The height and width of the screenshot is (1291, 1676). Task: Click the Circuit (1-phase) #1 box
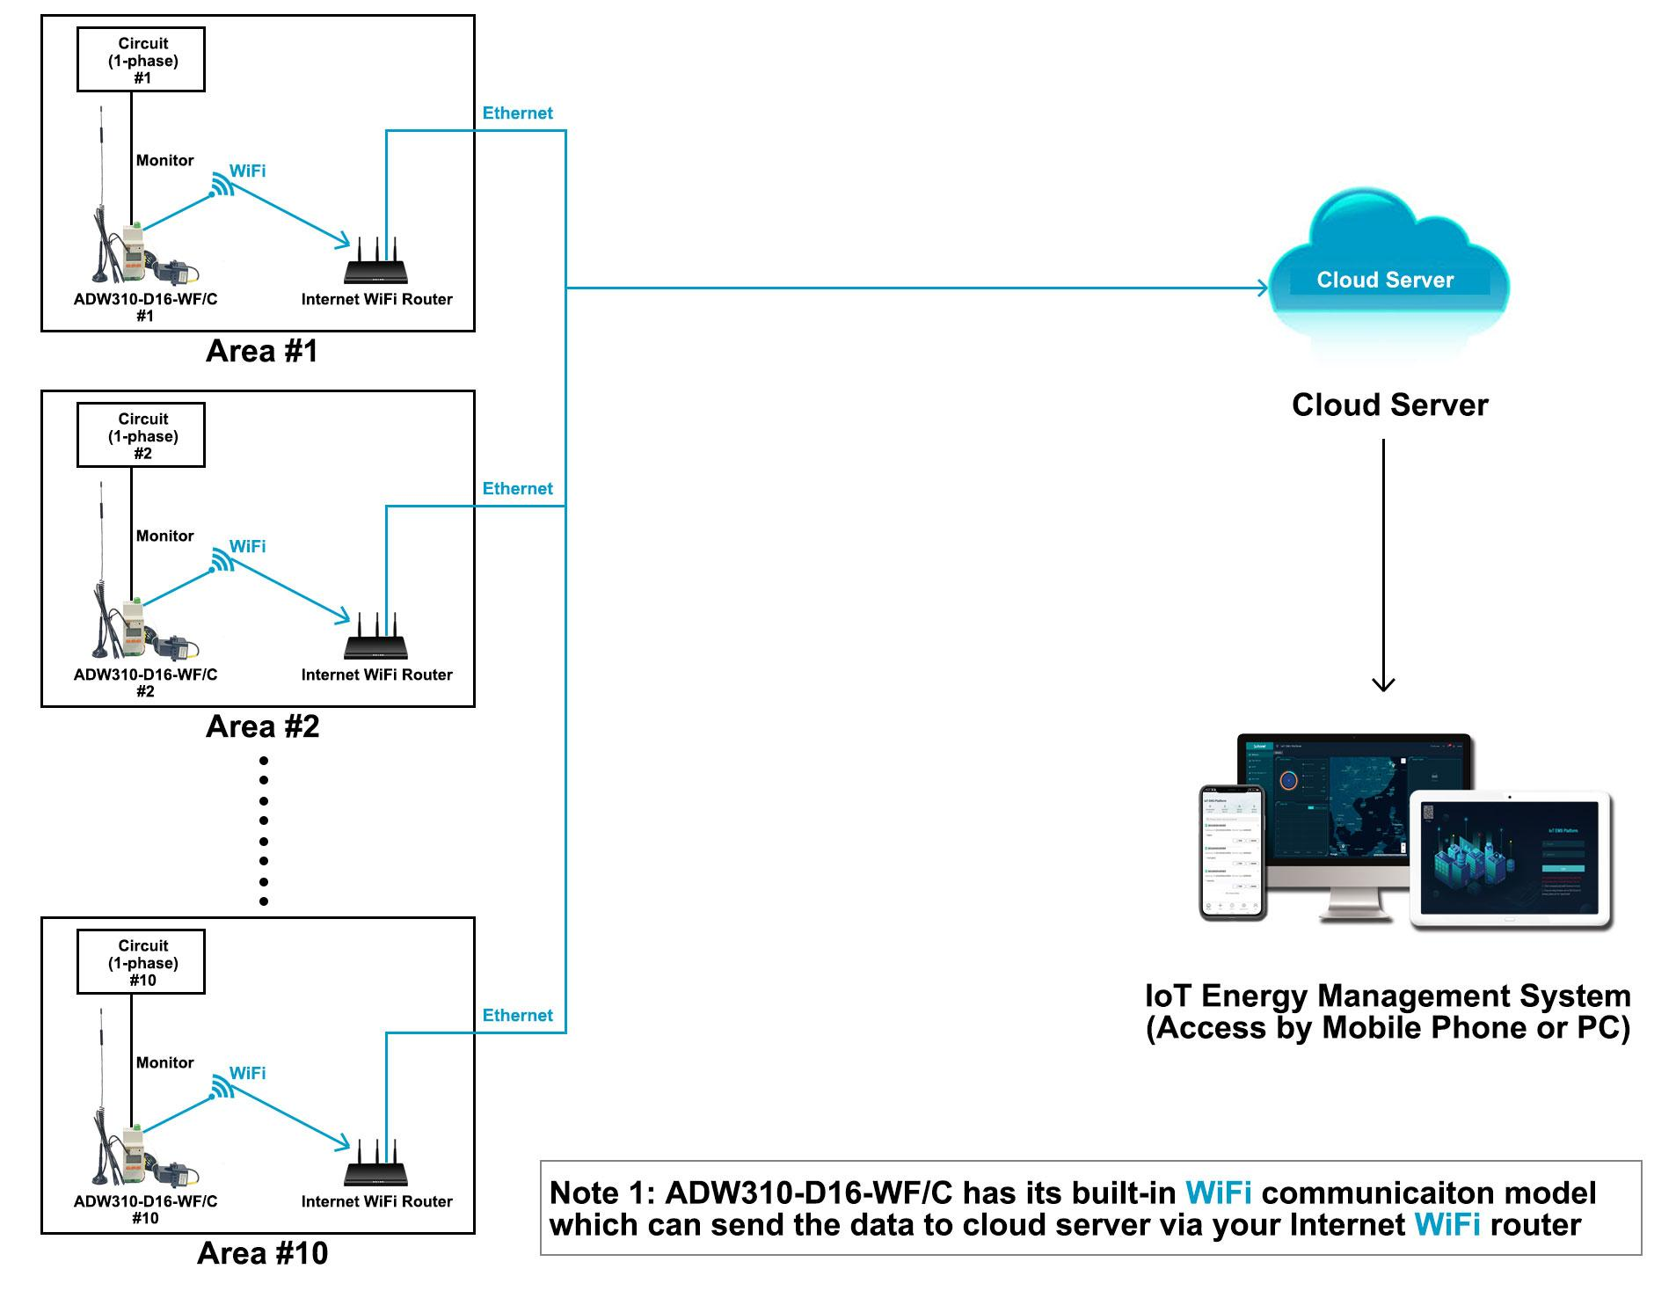[141, 60]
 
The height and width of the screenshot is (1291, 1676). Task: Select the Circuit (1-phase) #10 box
[141, 962]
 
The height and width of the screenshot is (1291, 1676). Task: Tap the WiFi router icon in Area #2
[375, 638]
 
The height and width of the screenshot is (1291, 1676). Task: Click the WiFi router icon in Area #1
[375, 263]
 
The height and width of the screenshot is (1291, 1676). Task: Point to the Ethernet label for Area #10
[517, 1015]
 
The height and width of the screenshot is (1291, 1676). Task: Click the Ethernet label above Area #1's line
[517, 113]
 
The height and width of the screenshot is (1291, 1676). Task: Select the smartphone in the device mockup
[1232, 851]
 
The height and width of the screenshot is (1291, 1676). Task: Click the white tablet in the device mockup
[1510, 859]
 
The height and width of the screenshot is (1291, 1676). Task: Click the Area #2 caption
[262, 726]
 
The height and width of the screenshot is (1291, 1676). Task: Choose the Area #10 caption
[262, 1253]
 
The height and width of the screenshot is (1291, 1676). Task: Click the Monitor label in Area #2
[164, 536]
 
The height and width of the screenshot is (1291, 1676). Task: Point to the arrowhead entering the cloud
[1262, 288]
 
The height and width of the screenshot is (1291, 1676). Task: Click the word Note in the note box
[584, 1193]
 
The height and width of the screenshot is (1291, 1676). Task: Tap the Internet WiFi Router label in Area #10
[376, 1201]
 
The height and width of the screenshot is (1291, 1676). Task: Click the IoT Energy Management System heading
[1388, 996]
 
